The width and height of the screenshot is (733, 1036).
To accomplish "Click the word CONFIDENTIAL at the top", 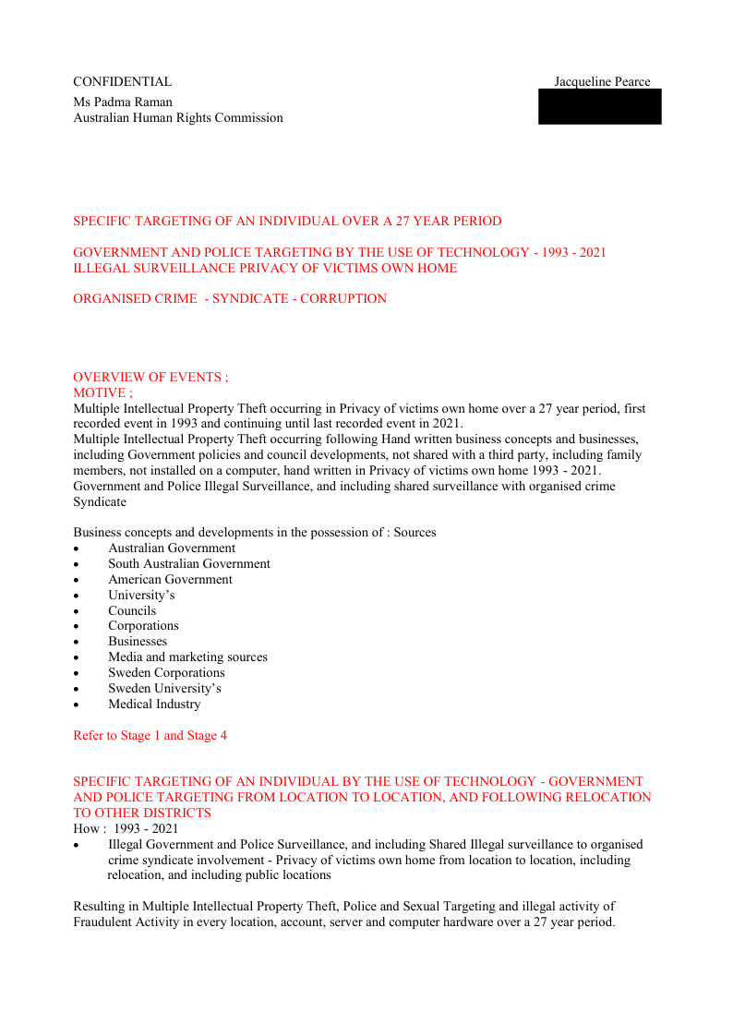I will click(122, 82).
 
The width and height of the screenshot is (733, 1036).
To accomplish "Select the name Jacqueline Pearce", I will click(602, 82).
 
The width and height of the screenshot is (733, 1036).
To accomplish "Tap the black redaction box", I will click(600, 107).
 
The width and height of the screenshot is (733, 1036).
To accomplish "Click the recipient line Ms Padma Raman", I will click(123, 102).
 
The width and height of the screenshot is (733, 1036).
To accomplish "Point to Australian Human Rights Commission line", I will click(178, 118).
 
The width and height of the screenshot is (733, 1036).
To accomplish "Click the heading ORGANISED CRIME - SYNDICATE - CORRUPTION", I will click(230, 299).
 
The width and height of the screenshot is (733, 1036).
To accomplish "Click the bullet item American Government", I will click(170, 580).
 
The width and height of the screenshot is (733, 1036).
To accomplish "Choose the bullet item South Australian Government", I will click(189, 564).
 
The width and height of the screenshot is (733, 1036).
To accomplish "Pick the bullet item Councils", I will click(132, 611).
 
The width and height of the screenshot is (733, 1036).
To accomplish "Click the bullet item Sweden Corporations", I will click(166, 673).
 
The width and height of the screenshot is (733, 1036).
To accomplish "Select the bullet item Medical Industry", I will click(154, 705).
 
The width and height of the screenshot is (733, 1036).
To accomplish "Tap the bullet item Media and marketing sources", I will click(187, 657).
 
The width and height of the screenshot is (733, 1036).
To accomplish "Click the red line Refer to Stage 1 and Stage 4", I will click(150, 736).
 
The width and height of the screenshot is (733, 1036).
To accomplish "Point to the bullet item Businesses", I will click(138, 642).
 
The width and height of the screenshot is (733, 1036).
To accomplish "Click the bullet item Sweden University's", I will click(164, 689).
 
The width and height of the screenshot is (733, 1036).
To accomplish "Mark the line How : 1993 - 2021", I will click(126, 829).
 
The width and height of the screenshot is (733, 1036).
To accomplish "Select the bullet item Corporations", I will click(143, 626).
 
